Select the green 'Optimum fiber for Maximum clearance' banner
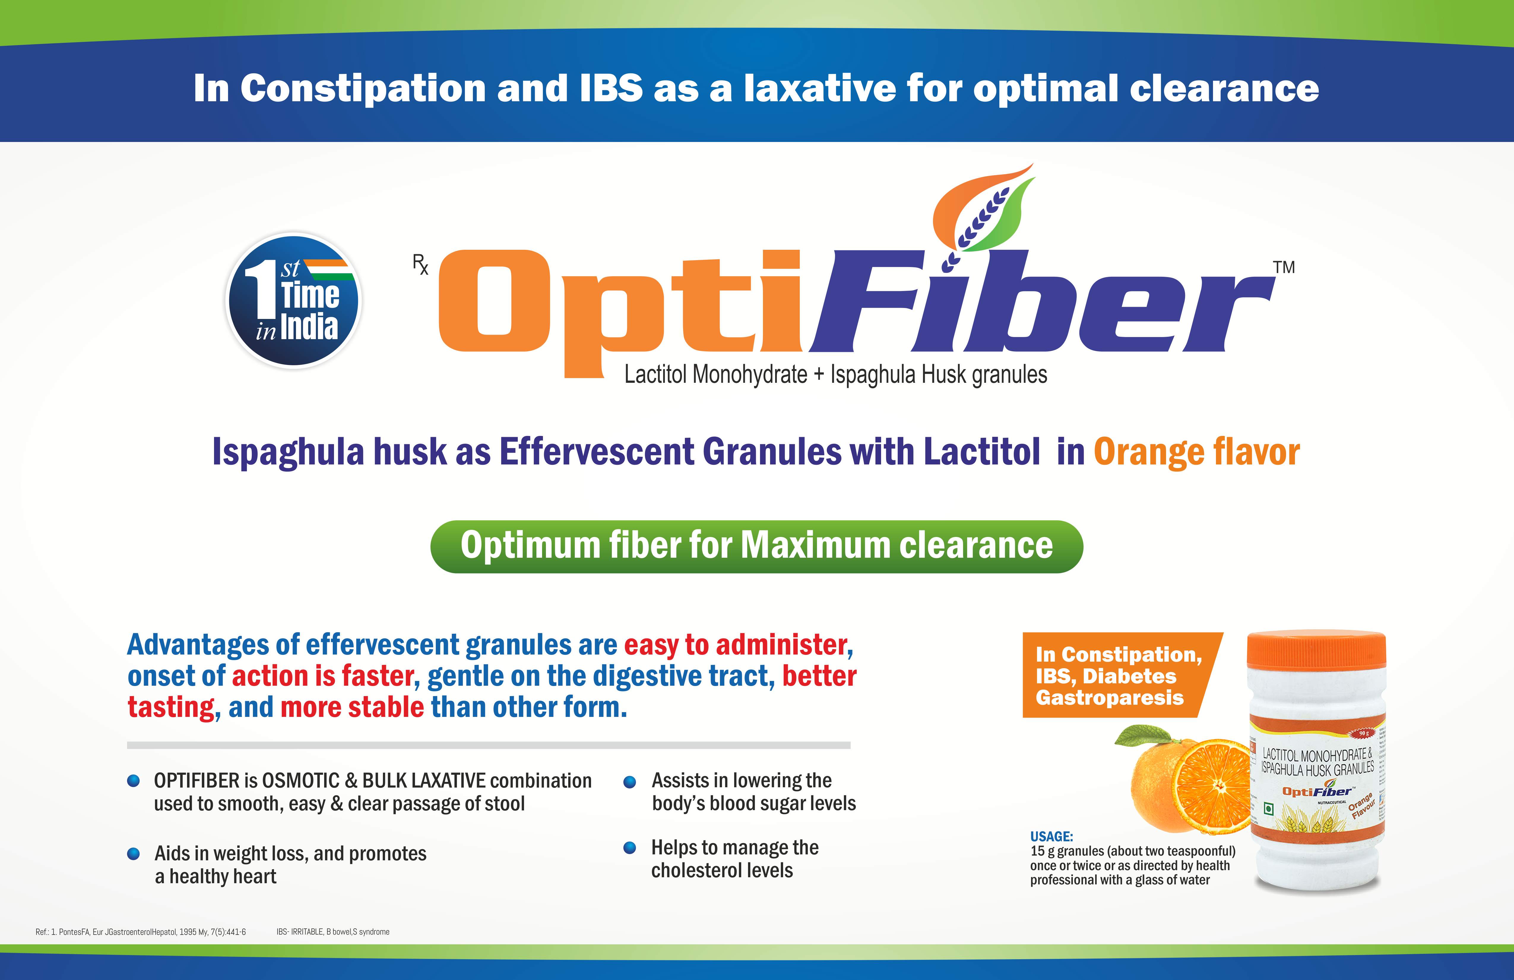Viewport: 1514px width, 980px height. click(756, 547)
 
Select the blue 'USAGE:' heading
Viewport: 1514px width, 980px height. click(1051, 836)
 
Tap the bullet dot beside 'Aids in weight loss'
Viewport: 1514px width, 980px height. click(134, 853)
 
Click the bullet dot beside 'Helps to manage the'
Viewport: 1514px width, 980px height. click(630, 848)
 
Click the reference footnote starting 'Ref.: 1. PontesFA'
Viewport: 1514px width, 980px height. click(141, 932)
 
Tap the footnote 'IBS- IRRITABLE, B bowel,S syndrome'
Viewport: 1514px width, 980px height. click(333, 932)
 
